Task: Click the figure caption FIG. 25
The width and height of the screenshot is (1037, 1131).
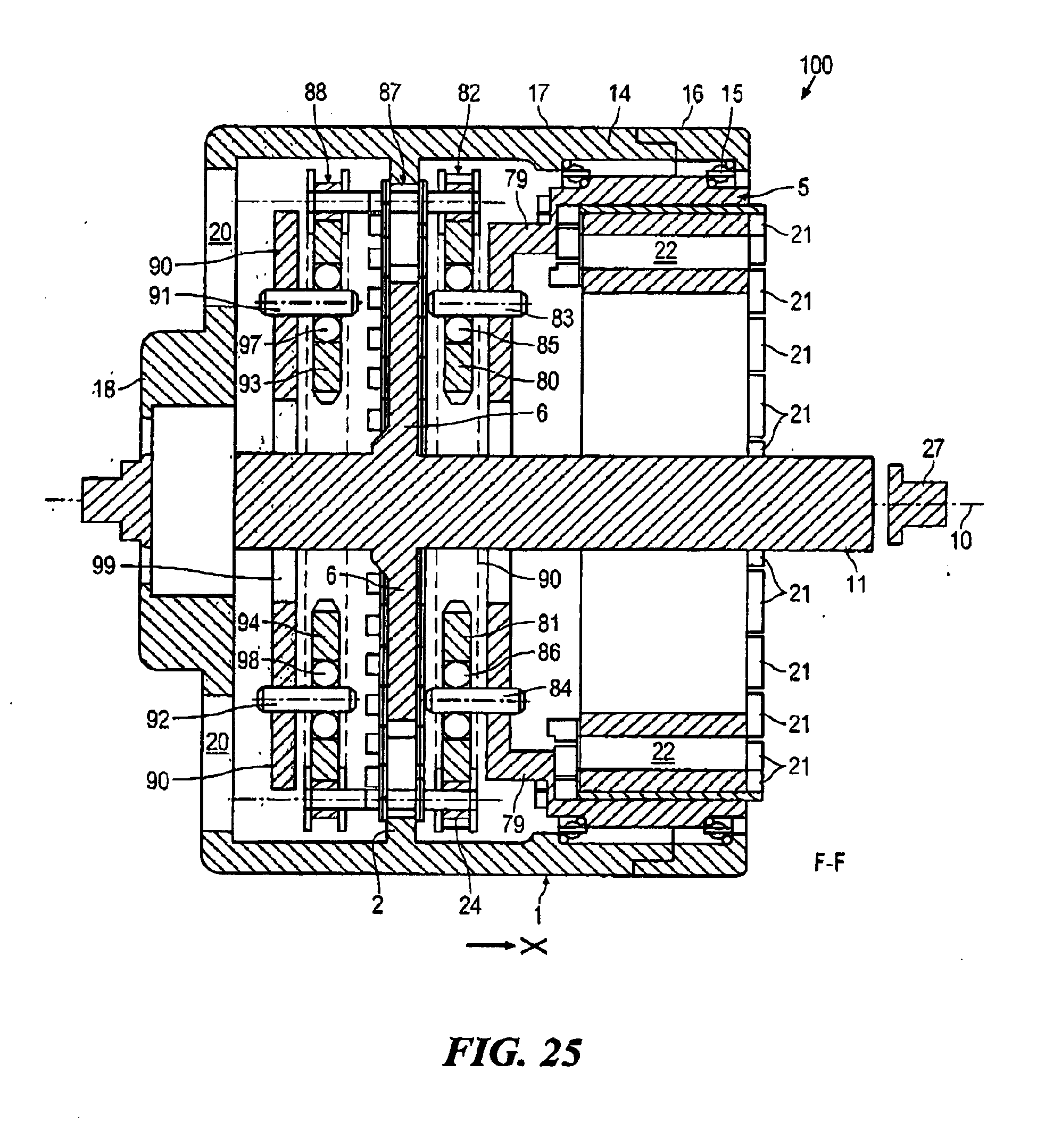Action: [x=512, y=1052]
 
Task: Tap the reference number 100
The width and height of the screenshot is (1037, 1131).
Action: [x=817, y=65]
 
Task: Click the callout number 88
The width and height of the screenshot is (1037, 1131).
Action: [x=316, y=92]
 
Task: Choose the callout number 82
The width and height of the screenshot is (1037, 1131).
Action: [x=469, y=93]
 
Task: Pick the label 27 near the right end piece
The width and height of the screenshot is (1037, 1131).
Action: [x=933, y=450]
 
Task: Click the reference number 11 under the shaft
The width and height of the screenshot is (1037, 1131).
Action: [x=856, y=585]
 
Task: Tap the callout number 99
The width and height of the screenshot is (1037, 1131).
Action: [x=104, y=565]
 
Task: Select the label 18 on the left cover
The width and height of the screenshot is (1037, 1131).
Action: [x=104, y=388]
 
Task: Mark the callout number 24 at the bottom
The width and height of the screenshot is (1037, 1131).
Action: [x=470, y=905]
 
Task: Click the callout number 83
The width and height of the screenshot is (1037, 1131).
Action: [x=562, y=319]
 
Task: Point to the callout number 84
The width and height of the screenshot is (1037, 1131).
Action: [x=560, y=688]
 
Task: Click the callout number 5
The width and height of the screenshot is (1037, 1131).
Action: [x=803, y=187]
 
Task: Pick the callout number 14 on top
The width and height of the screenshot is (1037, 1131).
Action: [x=619, y=93]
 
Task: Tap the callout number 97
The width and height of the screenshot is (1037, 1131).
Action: [x=250, y=345]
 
